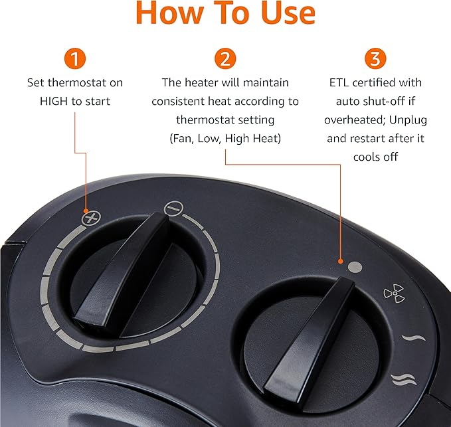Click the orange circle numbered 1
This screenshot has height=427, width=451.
coord(75,58)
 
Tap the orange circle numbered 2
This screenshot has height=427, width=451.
coord(225,58)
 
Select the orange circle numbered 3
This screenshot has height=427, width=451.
coord(375,58)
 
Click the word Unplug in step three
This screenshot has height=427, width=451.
coord(408,120)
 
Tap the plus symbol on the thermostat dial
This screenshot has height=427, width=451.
coord(91,218)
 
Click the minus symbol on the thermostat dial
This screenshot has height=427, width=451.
coord(173,208)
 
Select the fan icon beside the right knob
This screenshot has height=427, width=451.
coord(395,294)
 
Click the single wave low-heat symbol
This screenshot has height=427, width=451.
coord(413,337)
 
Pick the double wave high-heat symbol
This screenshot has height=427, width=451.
coord(403,379)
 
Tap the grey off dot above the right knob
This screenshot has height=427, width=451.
coord(355,267)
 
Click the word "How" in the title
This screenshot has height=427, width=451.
coord(169,13)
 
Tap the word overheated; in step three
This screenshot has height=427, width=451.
coord(355,120)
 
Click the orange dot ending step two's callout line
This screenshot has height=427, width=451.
coord(341,262)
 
